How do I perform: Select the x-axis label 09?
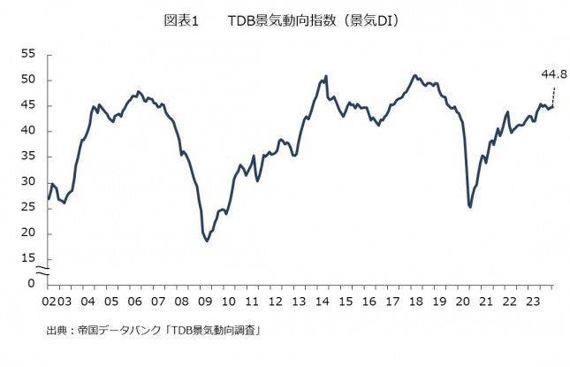pos(206,301)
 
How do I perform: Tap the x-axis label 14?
pos(324,301)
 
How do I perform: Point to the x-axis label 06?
pos(135,301)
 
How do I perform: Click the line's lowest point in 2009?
pos(207,241)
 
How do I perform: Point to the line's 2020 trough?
pos(470,207)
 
